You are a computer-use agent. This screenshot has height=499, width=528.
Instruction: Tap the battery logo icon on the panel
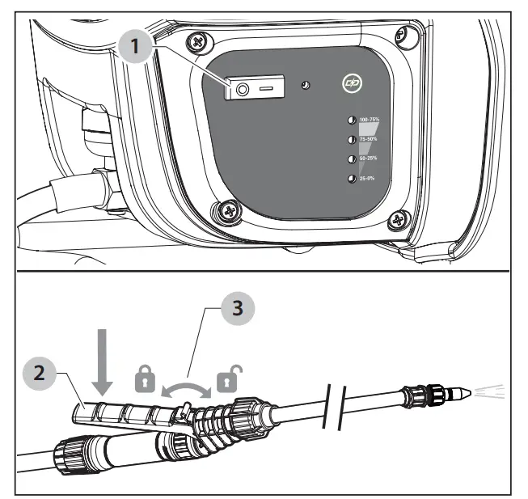tap(351, 83)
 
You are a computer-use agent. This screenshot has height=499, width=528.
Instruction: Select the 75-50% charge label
tap(371, 139)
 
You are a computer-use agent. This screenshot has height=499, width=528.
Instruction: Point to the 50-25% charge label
tap(371, 159)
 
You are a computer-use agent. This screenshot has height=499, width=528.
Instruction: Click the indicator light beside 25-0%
tap(352, 178)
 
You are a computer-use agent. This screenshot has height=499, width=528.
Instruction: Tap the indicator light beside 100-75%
tap(352, 120)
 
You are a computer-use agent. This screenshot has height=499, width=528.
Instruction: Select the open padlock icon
tap(228, 376)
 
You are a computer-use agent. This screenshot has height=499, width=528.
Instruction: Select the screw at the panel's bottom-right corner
tap(396, 218)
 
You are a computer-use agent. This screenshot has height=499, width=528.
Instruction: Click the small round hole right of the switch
tap(305, 84)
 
